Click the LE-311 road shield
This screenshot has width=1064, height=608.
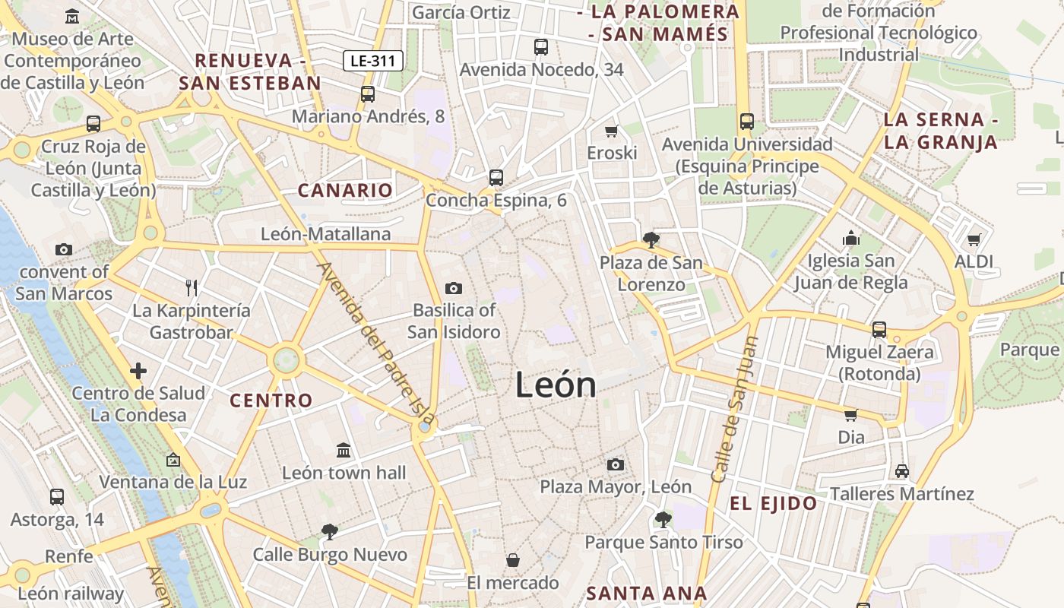372,61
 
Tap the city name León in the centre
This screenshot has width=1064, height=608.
556,385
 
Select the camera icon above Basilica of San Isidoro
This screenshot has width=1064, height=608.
454,288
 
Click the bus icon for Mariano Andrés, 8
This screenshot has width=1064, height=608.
368,94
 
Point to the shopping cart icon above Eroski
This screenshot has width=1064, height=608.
612,131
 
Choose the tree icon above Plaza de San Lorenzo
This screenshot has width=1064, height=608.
651,240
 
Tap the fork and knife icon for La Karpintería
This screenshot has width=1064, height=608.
192,287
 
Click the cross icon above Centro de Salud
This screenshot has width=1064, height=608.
138,371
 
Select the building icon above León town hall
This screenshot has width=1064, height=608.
344,450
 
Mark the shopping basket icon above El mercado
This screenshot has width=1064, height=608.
513,560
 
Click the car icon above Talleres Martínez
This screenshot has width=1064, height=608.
902,471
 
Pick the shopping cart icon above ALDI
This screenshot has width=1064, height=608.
974,240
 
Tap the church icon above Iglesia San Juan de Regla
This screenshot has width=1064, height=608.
850,239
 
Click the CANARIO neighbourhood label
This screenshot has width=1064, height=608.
345,191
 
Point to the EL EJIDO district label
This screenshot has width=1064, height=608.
774,503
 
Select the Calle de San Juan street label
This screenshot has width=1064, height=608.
735,410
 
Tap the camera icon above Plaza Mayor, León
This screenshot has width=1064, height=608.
616,464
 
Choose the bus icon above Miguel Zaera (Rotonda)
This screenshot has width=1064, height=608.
879,330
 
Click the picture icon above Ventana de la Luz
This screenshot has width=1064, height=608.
173,460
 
